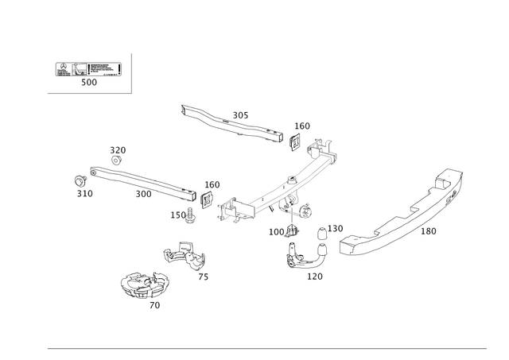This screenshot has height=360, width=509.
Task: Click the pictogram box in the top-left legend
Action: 87,70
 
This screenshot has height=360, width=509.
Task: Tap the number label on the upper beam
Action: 239,115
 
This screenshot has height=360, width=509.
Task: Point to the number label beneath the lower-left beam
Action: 143,194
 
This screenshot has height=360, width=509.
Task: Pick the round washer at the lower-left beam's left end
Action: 78,180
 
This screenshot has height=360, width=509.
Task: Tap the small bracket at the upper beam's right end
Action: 293,141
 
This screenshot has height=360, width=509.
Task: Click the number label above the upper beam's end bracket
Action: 302,125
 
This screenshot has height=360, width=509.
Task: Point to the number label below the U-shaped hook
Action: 314,277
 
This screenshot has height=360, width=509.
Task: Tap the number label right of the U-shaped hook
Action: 336,227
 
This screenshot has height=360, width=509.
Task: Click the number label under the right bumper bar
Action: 429,232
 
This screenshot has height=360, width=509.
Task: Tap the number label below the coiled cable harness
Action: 156,305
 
